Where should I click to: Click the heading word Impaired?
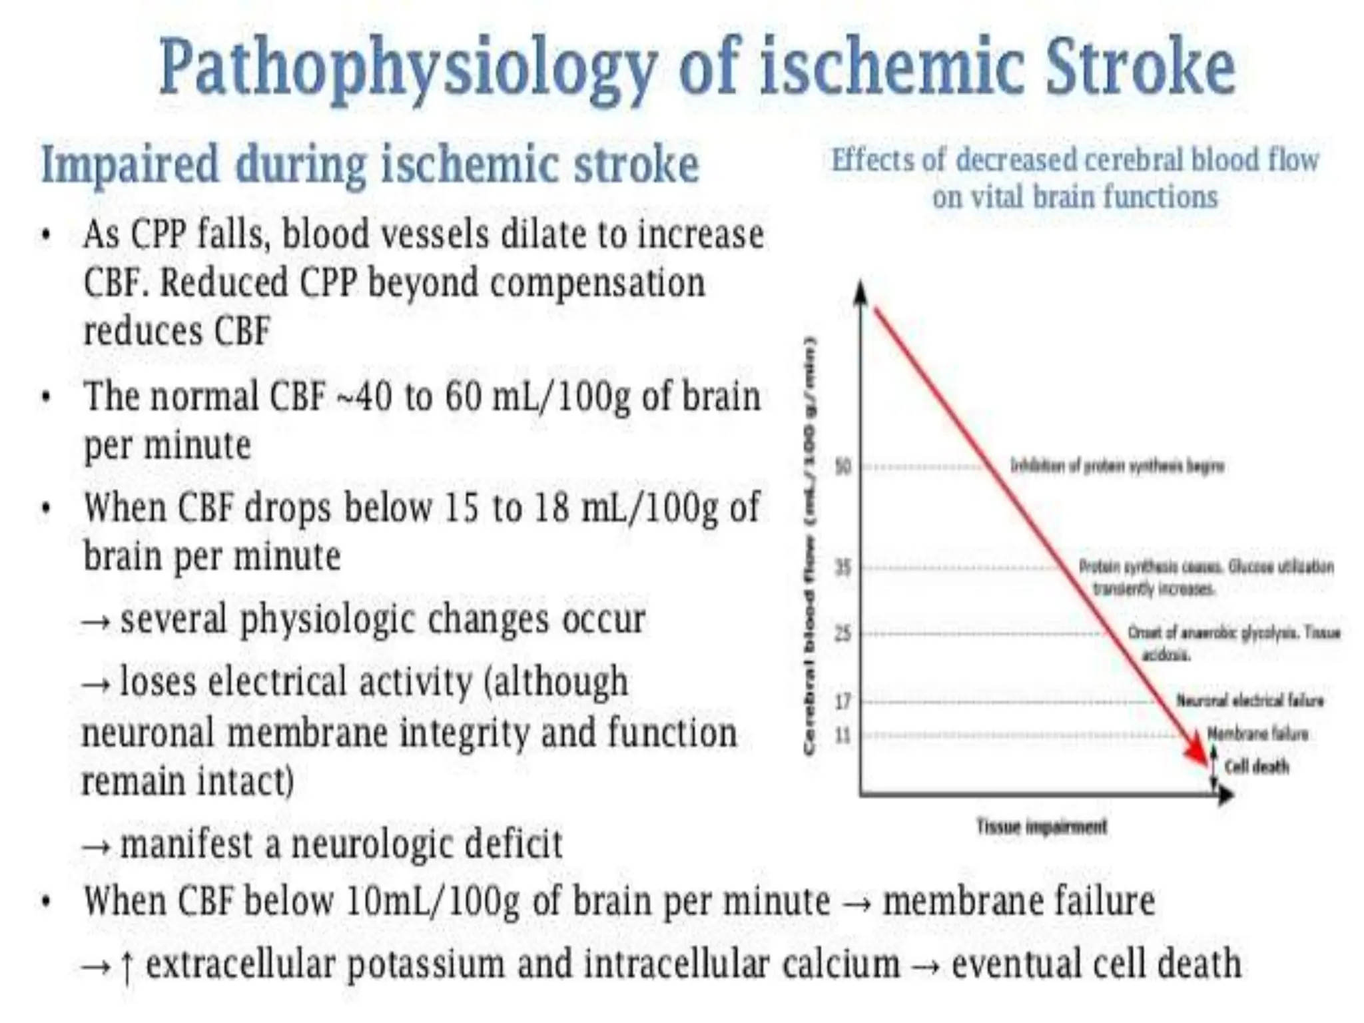(130, 164)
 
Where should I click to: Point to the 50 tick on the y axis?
(843, 466)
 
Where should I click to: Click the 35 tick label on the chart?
(843, 567)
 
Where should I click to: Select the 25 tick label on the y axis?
(843, 633)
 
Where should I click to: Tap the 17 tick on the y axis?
(843, 701)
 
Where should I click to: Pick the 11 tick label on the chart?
(843, 735)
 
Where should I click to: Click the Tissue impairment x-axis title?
(1041, 827)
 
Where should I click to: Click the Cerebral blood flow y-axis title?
(810, 546)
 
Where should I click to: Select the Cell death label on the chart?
(1256, 767)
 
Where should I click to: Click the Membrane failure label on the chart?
(1257, 734)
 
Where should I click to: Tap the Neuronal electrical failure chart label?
(1249, 701)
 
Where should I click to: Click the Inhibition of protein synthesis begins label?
(1117, 466)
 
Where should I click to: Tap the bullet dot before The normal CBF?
(46, 398)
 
